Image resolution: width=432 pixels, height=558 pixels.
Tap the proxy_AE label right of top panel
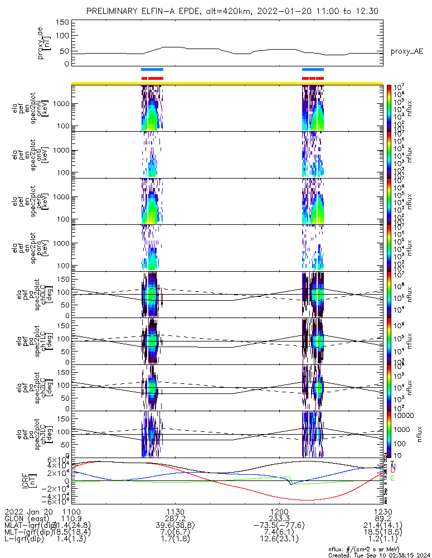coord(406,51)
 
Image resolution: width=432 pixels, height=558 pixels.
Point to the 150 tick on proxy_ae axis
coord(62,22)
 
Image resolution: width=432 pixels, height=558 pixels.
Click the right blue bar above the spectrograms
coord(313,69)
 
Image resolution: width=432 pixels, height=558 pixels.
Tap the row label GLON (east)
coord(28,518)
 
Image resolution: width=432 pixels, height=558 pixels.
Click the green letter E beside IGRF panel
coord(393,478)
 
